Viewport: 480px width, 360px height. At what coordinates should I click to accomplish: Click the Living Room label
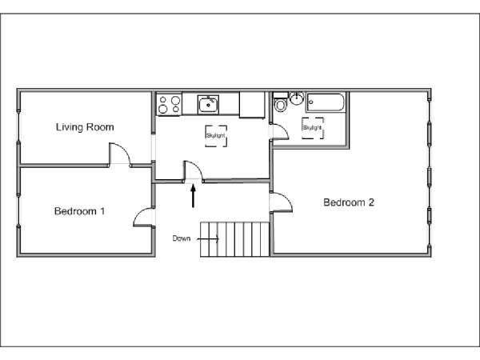[85, 127]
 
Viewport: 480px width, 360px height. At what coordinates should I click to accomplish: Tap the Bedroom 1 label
[79, 211]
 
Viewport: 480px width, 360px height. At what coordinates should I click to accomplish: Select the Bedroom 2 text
[349, 202]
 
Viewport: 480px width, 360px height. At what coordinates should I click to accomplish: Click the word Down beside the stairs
[182, 238]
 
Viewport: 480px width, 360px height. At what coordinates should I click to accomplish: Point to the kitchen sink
[208, 105]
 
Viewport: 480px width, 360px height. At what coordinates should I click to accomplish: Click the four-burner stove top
[169, 104]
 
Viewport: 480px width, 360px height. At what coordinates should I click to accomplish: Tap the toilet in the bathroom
[280, 102]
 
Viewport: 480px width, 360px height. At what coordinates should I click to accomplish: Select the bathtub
[326, 102]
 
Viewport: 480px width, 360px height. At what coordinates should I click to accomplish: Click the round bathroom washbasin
[296, 98]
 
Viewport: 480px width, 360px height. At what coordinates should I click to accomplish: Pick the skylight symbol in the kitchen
[216, 136]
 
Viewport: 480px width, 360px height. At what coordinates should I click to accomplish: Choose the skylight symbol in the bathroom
[313, 128]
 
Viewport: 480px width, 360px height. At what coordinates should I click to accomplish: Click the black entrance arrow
[193, 196]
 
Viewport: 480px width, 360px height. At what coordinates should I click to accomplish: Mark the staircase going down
[234, 239]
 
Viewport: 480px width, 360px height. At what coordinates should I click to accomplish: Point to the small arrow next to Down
[208, 238]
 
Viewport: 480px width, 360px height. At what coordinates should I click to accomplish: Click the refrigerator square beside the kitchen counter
[252, 105]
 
